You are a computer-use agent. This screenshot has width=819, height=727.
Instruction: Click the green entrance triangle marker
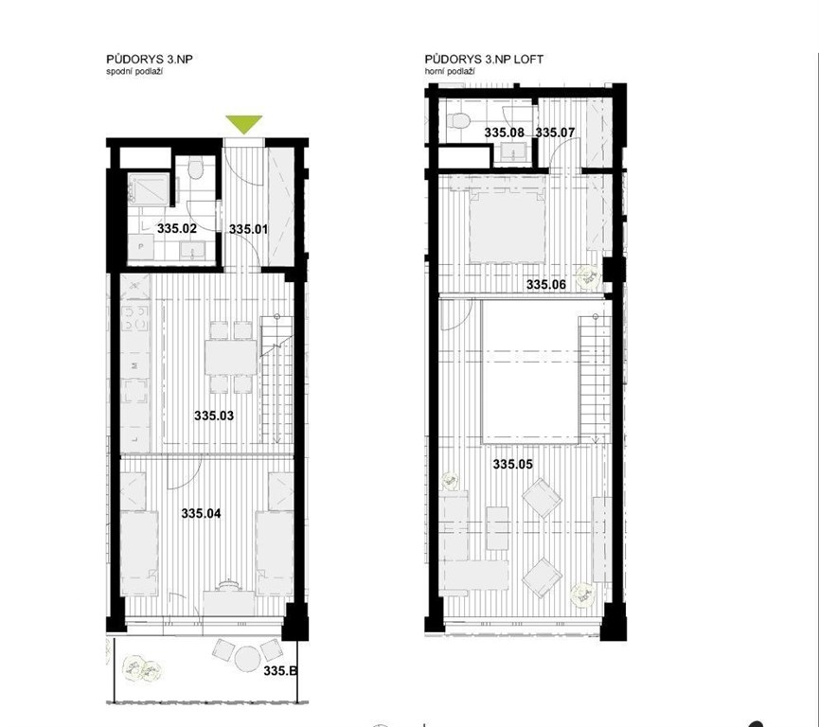click(x=244, y=124)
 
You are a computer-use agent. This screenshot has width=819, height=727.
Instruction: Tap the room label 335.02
click(x=176, y=228)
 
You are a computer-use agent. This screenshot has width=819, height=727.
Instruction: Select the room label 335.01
click(x=249, y=229)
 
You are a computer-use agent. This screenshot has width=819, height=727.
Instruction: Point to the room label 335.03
click(x=214, y=416)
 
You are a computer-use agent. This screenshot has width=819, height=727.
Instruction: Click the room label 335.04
click(x=201, y=513)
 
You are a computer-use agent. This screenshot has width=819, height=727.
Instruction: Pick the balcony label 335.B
click(x=280, y=670)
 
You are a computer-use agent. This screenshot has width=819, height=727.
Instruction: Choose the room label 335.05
click(x=513, y=464)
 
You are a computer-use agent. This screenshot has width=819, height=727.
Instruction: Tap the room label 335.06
click(x=545, y=285)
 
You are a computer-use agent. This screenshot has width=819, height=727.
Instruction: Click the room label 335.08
click(x=504, y=133)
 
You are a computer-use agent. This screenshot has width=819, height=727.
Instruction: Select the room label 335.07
click(x=555, y=133)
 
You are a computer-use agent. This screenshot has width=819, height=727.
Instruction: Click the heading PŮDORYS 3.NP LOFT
click(x=484, y=60)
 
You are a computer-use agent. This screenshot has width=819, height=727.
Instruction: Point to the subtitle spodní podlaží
click(x=134, y=72)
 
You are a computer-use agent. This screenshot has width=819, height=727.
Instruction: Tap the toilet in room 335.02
click(x=196, y=169)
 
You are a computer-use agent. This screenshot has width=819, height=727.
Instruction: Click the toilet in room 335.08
click(x=458, y=120)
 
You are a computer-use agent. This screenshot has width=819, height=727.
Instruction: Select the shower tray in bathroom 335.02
click(x=150, y=189)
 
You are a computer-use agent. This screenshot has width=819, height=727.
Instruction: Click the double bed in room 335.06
click(x=507, y=226)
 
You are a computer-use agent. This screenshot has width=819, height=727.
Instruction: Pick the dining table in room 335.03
click(x=231, y=357)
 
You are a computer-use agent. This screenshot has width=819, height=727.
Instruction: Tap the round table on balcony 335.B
click(x=247, y=659)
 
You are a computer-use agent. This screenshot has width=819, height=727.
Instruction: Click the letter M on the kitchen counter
click(x=134, y=366)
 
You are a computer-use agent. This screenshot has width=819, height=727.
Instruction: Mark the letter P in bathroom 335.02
click(x=140, y=246)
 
